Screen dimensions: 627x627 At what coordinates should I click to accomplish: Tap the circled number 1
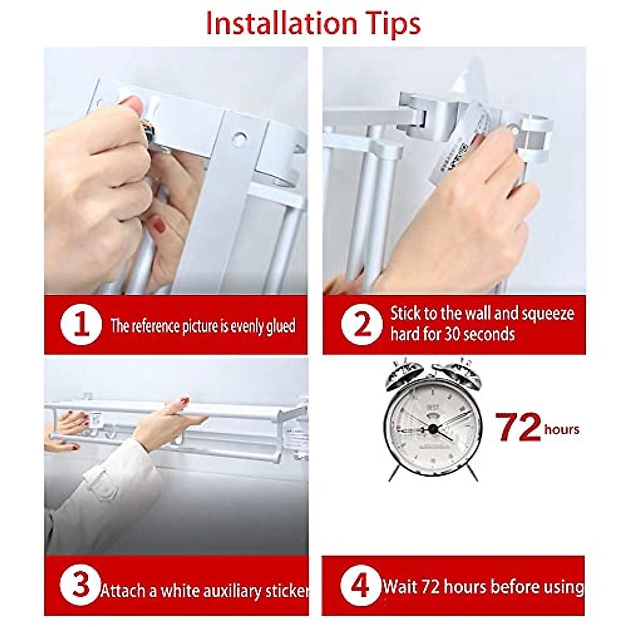[81, 325]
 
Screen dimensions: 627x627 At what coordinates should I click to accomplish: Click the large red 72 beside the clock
[517, 427]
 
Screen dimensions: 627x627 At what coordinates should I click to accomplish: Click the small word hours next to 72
[562, 429]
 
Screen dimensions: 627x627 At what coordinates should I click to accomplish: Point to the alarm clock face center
[433, 428]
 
